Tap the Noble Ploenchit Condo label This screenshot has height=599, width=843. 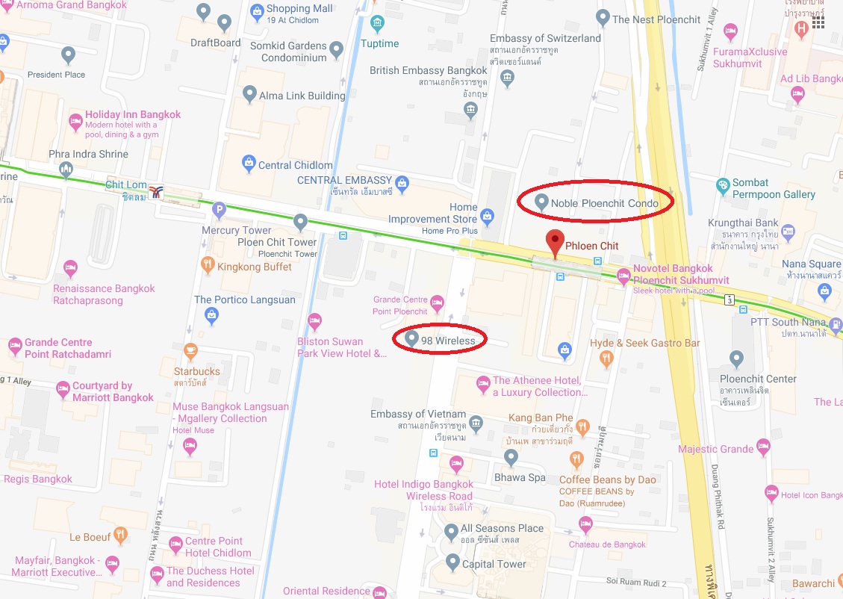[x=605, y=203]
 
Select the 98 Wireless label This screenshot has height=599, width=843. [x=448, y=340]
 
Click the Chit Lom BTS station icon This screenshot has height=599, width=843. [x=156, y=192]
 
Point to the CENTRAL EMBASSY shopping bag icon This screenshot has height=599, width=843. [x=402, y=181]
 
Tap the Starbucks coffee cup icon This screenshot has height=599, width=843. [x=190, y=350]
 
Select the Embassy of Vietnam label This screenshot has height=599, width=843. [x=418, y=415]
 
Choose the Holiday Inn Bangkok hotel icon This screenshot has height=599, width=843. [x=75, y=121]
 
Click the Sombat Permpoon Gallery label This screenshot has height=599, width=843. [x=774, y=188]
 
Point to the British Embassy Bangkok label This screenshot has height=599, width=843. [x=428, y=70]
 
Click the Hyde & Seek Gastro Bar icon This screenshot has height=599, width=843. [x=606, y=358]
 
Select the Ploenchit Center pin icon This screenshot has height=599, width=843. [x=736, y=359]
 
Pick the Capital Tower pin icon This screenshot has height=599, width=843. [x=452, y=560]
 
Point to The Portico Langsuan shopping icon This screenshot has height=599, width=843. [x=212, y=316]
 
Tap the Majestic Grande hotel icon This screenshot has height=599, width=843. [x=763, y=447]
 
